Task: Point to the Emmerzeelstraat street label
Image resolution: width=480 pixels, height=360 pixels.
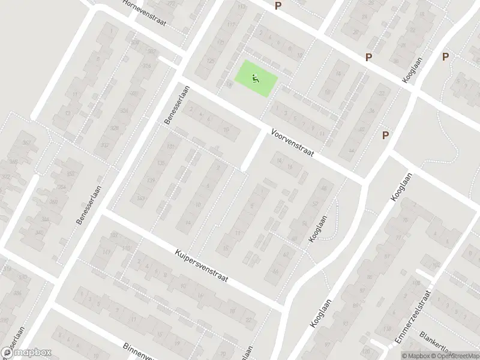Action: click(x=413, y=318)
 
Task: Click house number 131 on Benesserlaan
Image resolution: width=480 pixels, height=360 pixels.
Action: click(x=172, y=146)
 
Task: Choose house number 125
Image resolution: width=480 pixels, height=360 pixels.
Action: click(x=210, y=61)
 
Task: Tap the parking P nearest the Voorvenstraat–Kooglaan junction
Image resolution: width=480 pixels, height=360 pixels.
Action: click(x=385, y=135)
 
